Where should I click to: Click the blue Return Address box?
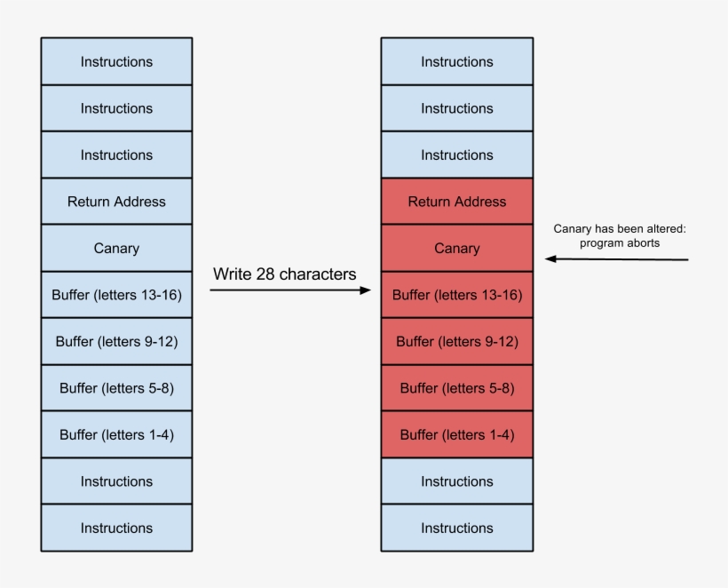[x=116, y=202]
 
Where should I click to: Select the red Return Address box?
[x=456, y=202]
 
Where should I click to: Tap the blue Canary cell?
[x=116, y=249]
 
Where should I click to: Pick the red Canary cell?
[x=456, y=249]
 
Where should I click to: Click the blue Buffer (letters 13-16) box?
[x=116, y=295]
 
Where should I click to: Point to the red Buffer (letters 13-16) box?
[x=456, y=295]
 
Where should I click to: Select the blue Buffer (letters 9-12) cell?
[x=116, y=342]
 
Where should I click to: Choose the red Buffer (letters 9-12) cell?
[x=456, y=342]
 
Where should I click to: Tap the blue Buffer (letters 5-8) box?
[x=116, y=388]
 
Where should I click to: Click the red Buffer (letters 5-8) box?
[x=456, y=388]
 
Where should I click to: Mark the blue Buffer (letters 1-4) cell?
[x=116, y=435]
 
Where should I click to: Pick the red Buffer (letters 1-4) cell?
[x=456, y=435]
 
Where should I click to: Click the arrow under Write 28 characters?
[x=289, y=290]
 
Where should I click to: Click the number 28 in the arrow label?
[x=265, y=274]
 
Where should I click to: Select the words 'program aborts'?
[x=620, y=242]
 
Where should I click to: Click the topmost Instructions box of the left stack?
[x=116, y=61]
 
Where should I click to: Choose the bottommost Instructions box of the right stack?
[x=456, y=528]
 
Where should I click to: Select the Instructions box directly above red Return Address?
[x=456, y=155]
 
